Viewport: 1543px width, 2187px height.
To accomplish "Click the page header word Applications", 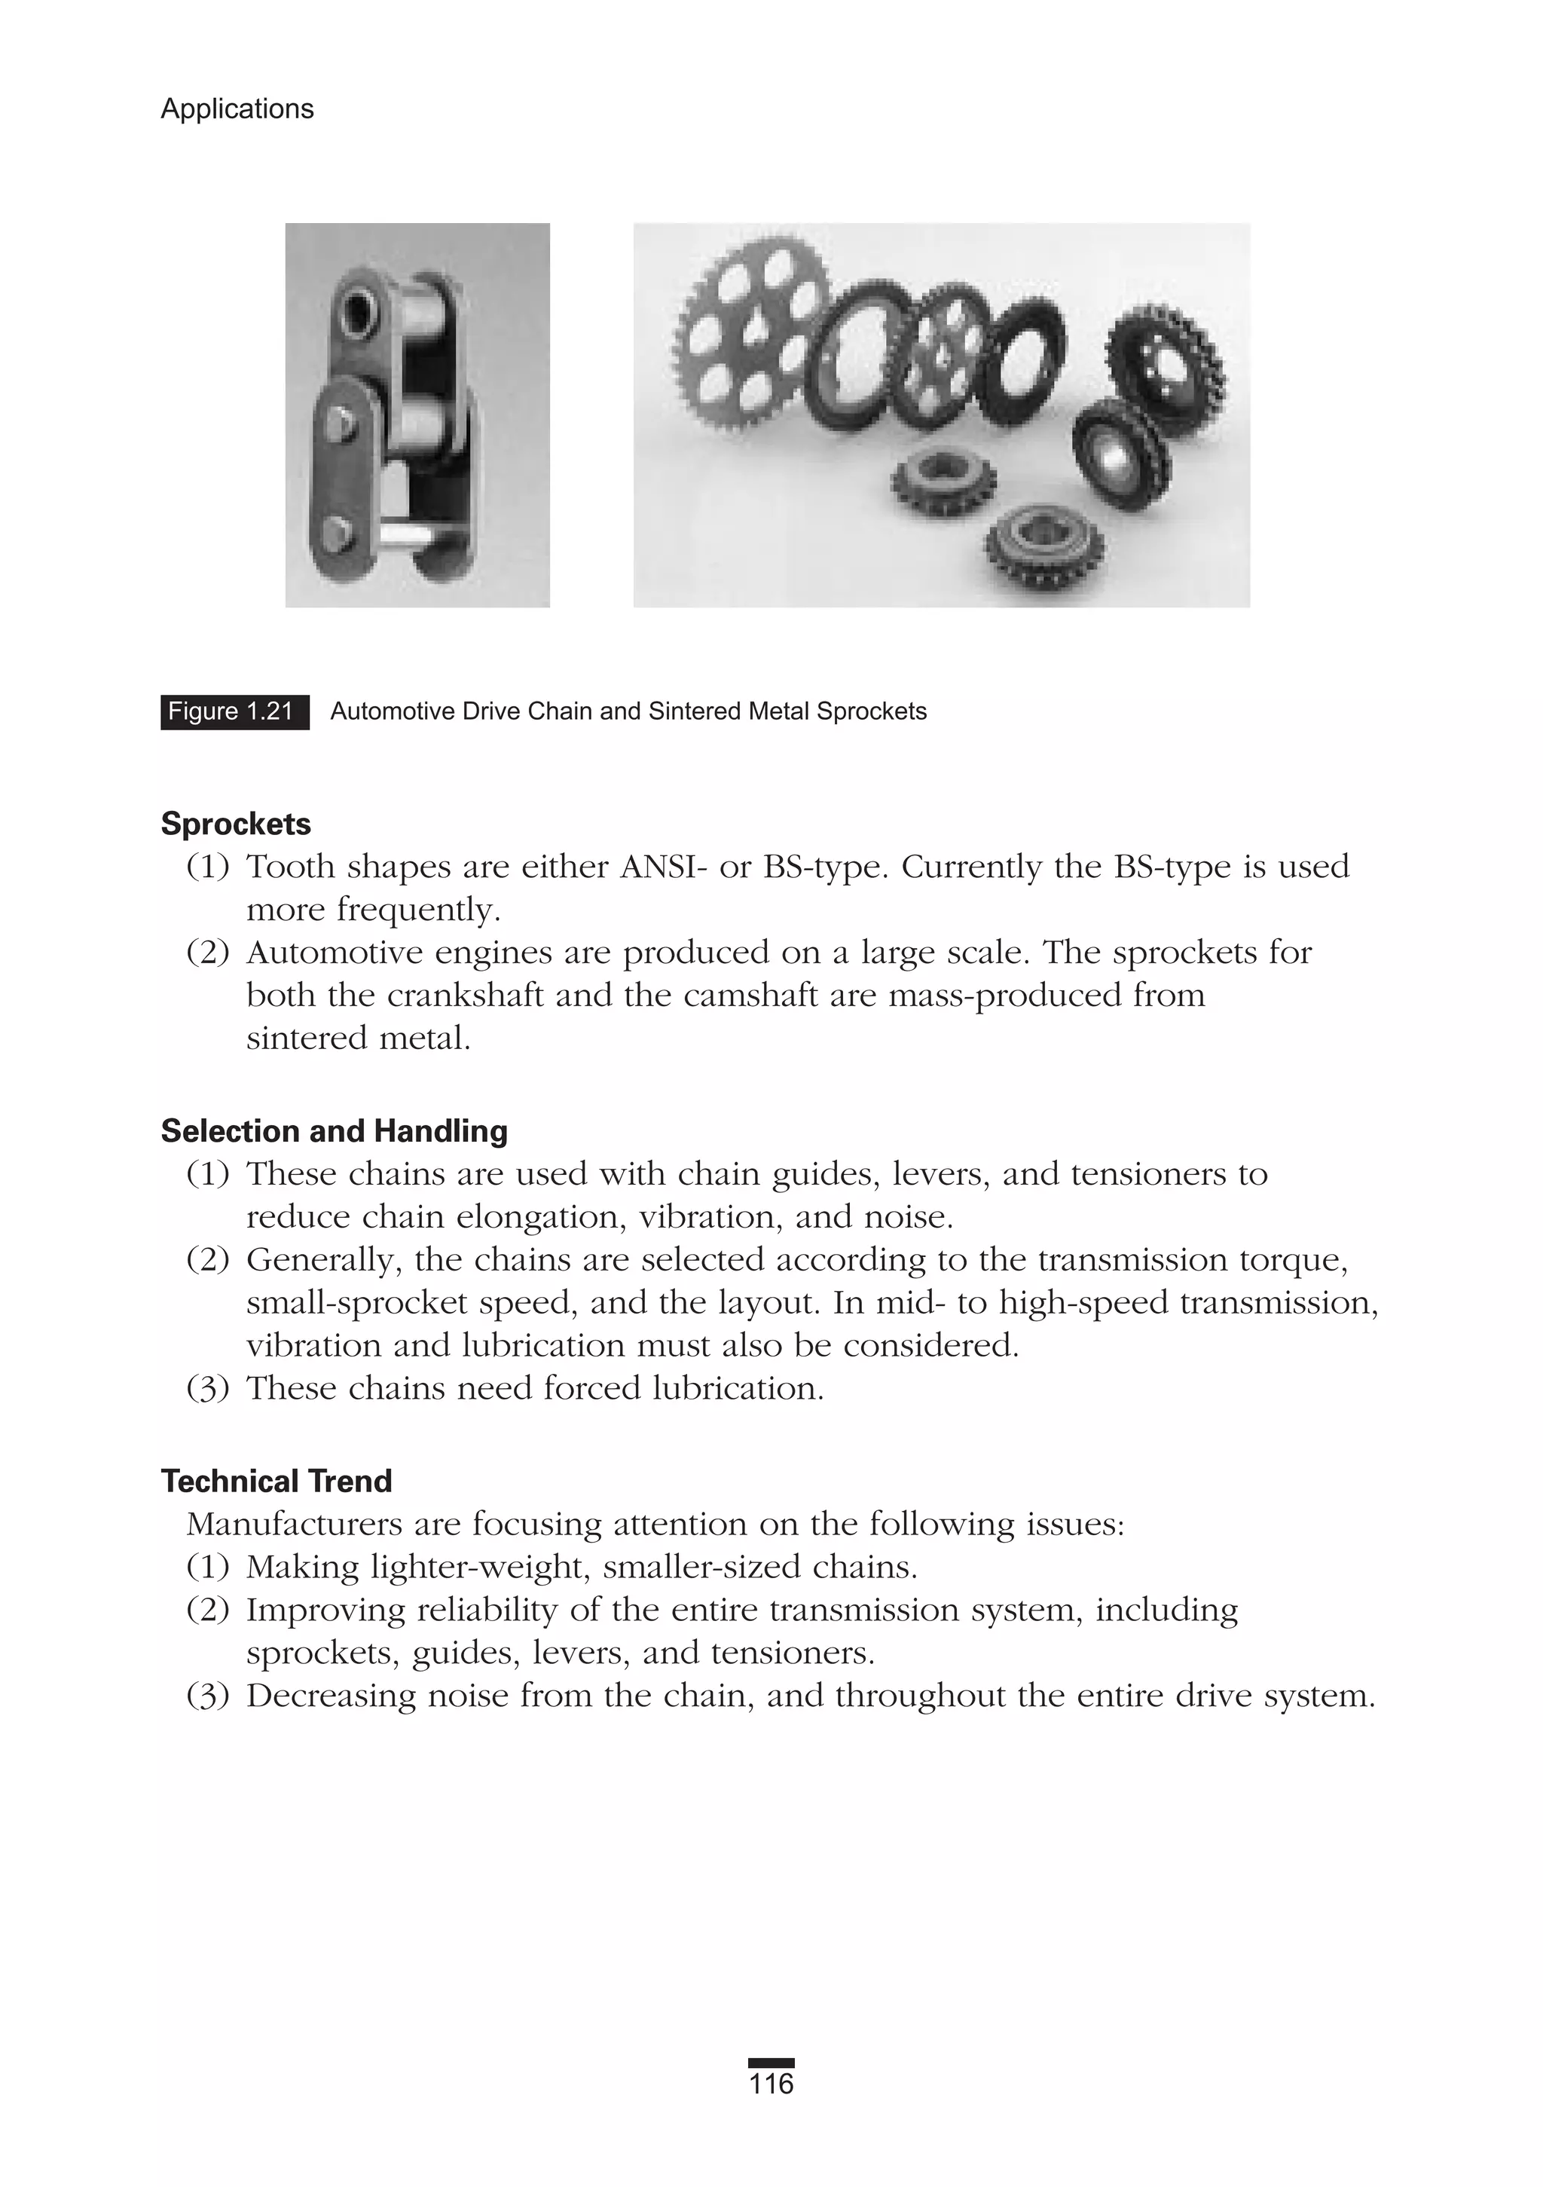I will (237, 109).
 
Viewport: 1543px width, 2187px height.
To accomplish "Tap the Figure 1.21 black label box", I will (234, 711).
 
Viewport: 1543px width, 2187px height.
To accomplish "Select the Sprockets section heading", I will (235, 824).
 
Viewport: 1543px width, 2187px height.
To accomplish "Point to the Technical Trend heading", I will (277, 1481).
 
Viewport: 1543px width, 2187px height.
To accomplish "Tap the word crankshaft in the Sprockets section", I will (466, 996).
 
